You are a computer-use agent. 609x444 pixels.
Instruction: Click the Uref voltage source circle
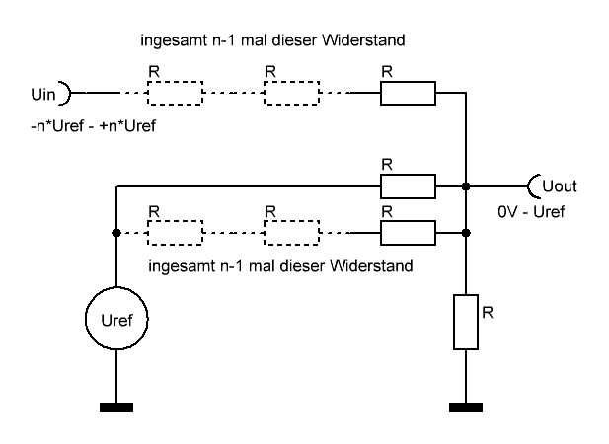point(116,320)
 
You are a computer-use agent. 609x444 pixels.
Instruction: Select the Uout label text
point(558,185)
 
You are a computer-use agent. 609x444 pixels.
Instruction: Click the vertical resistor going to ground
point(465,321)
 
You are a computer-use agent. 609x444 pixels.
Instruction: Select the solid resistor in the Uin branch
point(407,94)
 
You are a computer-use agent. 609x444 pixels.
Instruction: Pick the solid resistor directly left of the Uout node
point(407,185)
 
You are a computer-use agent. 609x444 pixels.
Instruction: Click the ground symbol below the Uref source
point(116,405)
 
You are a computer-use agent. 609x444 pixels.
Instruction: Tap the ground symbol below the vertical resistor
point(465,405)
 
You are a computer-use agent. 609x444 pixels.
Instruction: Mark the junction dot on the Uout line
point(465,185)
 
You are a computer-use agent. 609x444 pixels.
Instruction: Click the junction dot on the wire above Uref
point(116,233)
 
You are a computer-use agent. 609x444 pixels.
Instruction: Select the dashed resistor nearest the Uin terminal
point(175,94)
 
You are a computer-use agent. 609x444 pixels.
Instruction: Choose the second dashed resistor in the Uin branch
point(291,94)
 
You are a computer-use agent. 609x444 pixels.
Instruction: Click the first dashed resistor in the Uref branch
point(175,233)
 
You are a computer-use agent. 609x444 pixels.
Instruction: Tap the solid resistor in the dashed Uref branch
point(407,233)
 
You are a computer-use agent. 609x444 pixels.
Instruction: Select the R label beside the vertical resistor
point(488,310)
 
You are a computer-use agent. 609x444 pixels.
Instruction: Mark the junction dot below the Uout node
point(465,233)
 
